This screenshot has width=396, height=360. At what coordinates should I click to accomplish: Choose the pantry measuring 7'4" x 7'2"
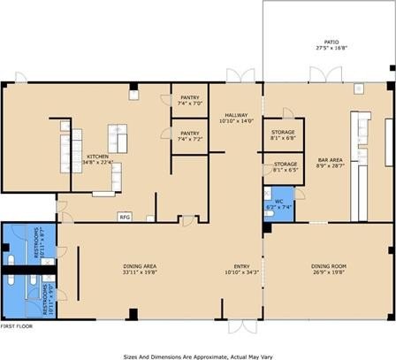click(190, 134)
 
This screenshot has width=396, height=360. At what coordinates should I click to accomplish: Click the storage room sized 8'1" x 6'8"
click(284, 132)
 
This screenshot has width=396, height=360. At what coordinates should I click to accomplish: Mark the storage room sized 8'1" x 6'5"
click(285, 165)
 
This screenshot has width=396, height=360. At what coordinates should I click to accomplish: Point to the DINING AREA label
click(140, 265)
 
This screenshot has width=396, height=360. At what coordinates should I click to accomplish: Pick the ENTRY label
click(241, 265)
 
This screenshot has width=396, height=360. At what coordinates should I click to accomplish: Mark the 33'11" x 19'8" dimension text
click(140, 272)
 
